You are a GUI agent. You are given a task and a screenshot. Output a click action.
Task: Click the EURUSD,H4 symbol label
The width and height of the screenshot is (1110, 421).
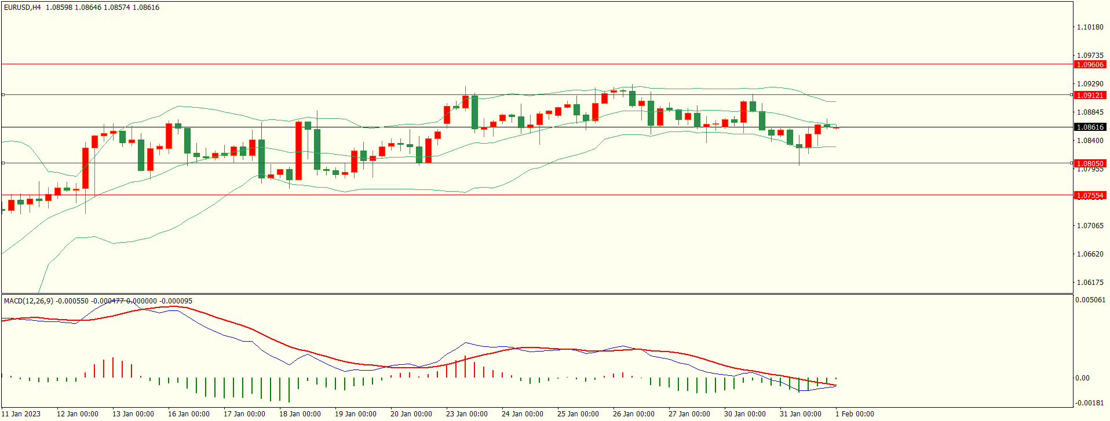click(x=23, y=8)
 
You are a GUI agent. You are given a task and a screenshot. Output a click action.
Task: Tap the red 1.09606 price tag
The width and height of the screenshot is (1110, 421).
click(x=1090, y=65)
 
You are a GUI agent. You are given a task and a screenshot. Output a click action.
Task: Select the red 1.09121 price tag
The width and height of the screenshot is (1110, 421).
click(x=1090, y=95)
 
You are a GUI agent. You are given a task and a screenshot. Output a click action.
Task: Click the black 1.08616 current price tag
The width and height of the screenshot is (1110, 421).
click(x=1090, y=127)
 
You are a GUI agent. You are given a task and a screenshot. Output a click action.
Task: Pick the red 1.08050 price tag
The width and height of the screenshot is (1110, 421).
click(x=1090, y=163)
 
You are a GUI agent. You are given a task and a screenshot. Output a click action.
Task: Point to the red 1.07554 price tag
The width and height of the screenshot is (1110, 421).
click(x=1090, y=196)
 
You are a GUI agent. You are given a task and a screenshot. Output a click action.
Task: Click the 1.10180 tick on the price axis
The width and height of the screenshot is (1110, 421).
click(x=1090, y=27)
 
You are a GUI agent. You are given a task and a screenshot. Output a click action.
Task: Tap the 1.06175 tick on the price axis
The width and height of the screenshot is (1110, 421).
click(x=1090, y=283)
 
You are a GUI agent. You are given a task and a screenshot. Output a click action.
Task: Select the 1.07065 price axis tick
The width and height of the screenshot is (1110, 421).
click(x=1090, y=226)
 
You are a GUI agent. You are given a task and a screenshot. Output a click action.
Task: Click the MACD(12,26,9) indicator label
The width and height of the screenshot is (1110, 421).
click(x=28, y=301)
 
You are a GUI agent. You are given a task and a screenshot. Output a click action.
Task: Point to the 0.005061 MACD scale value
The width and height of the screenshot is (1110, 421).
click(x=1090, y=300)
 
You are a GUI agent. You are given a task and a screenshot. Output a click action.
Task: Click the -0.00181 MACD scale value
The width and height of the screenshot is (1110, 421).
click(x=1090, y=403)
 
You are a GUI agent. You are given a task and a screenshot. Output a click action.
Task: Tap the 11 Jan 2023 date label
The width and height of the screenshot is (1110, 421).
click(x=21, y=413)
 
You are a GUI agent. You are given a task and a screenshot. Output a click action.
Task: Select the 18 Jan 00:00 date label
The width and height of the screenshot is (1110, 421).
click(x=300, y=413)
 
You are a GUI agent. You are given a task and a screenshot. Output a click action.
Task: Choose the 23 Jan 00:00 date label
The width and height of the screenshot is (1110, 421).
click(x=466, y=413)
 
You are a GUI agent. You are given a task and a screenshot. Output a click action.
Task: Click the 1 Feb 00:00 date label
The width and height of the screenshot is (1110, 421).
click(x=855, y=413)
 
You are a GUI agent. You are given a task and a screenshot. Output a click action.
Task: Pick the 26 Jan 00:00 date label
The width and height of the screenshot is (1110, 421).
click(x=633, y=413)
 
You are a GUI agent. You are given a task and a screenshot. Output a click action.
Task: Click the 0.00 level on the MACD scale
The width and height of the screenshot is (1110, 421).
click(x=1082, y=378)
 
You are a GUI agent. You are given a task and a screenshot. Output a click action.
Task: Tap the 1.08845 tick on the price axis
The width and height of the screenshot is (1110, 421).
click(x=1090, y=112)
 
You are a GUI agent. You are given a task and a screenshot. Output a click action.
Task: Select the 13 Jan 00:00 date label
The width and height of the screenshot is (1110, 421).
click(x=133, y=413)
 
